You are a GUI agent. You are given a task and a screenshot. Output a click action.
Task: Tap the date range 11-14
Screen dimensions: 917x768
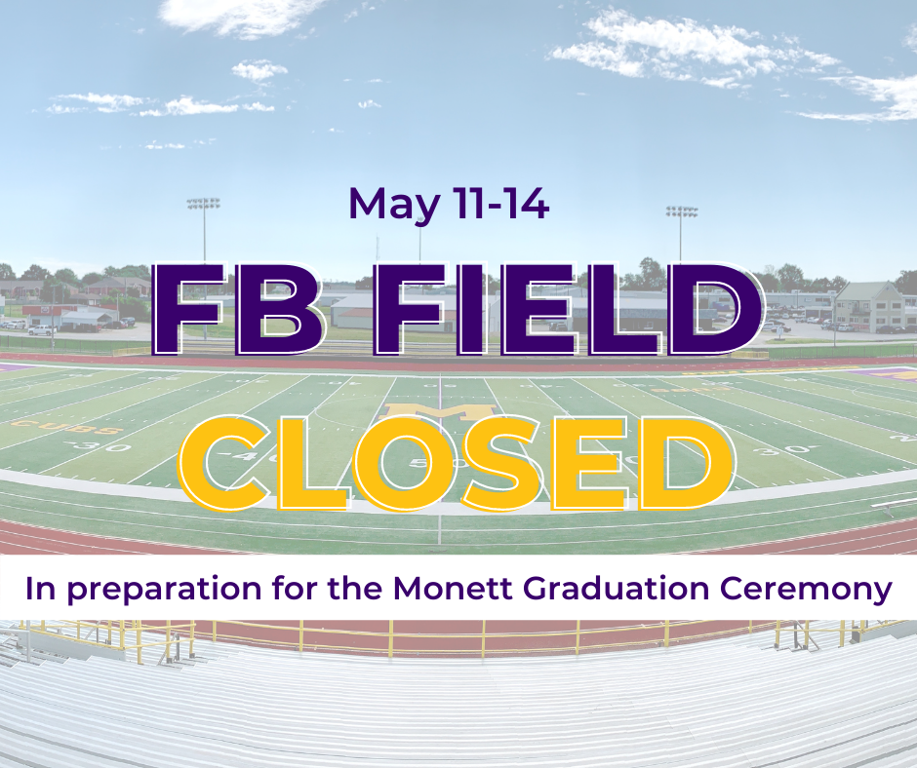pos(501,203)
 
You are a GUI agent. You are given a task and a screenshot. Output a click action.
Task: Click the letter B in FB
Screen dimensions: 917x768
pos(280,309)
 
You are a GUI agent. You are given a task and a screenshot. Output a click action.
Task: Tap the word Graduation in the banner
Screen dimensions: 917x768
pos(617,588)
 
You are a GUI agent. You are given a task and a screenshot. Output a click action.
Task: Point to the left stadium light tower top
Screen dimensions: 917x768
pos(204,204)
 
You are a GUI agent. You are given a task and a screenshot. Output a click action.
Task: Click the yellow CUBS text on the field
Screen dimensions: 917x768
pos(66,427)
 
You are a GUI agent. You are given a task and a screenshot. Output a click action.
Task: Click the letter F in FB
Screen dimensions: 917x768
pos(189,309)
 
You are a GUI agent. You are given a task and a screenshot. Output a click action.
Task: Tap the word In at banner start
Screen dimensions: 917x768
pos(40,588)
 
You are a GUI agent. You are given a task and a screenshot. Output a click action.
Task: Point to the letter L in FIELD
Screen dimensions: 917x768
pos(624,309)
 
